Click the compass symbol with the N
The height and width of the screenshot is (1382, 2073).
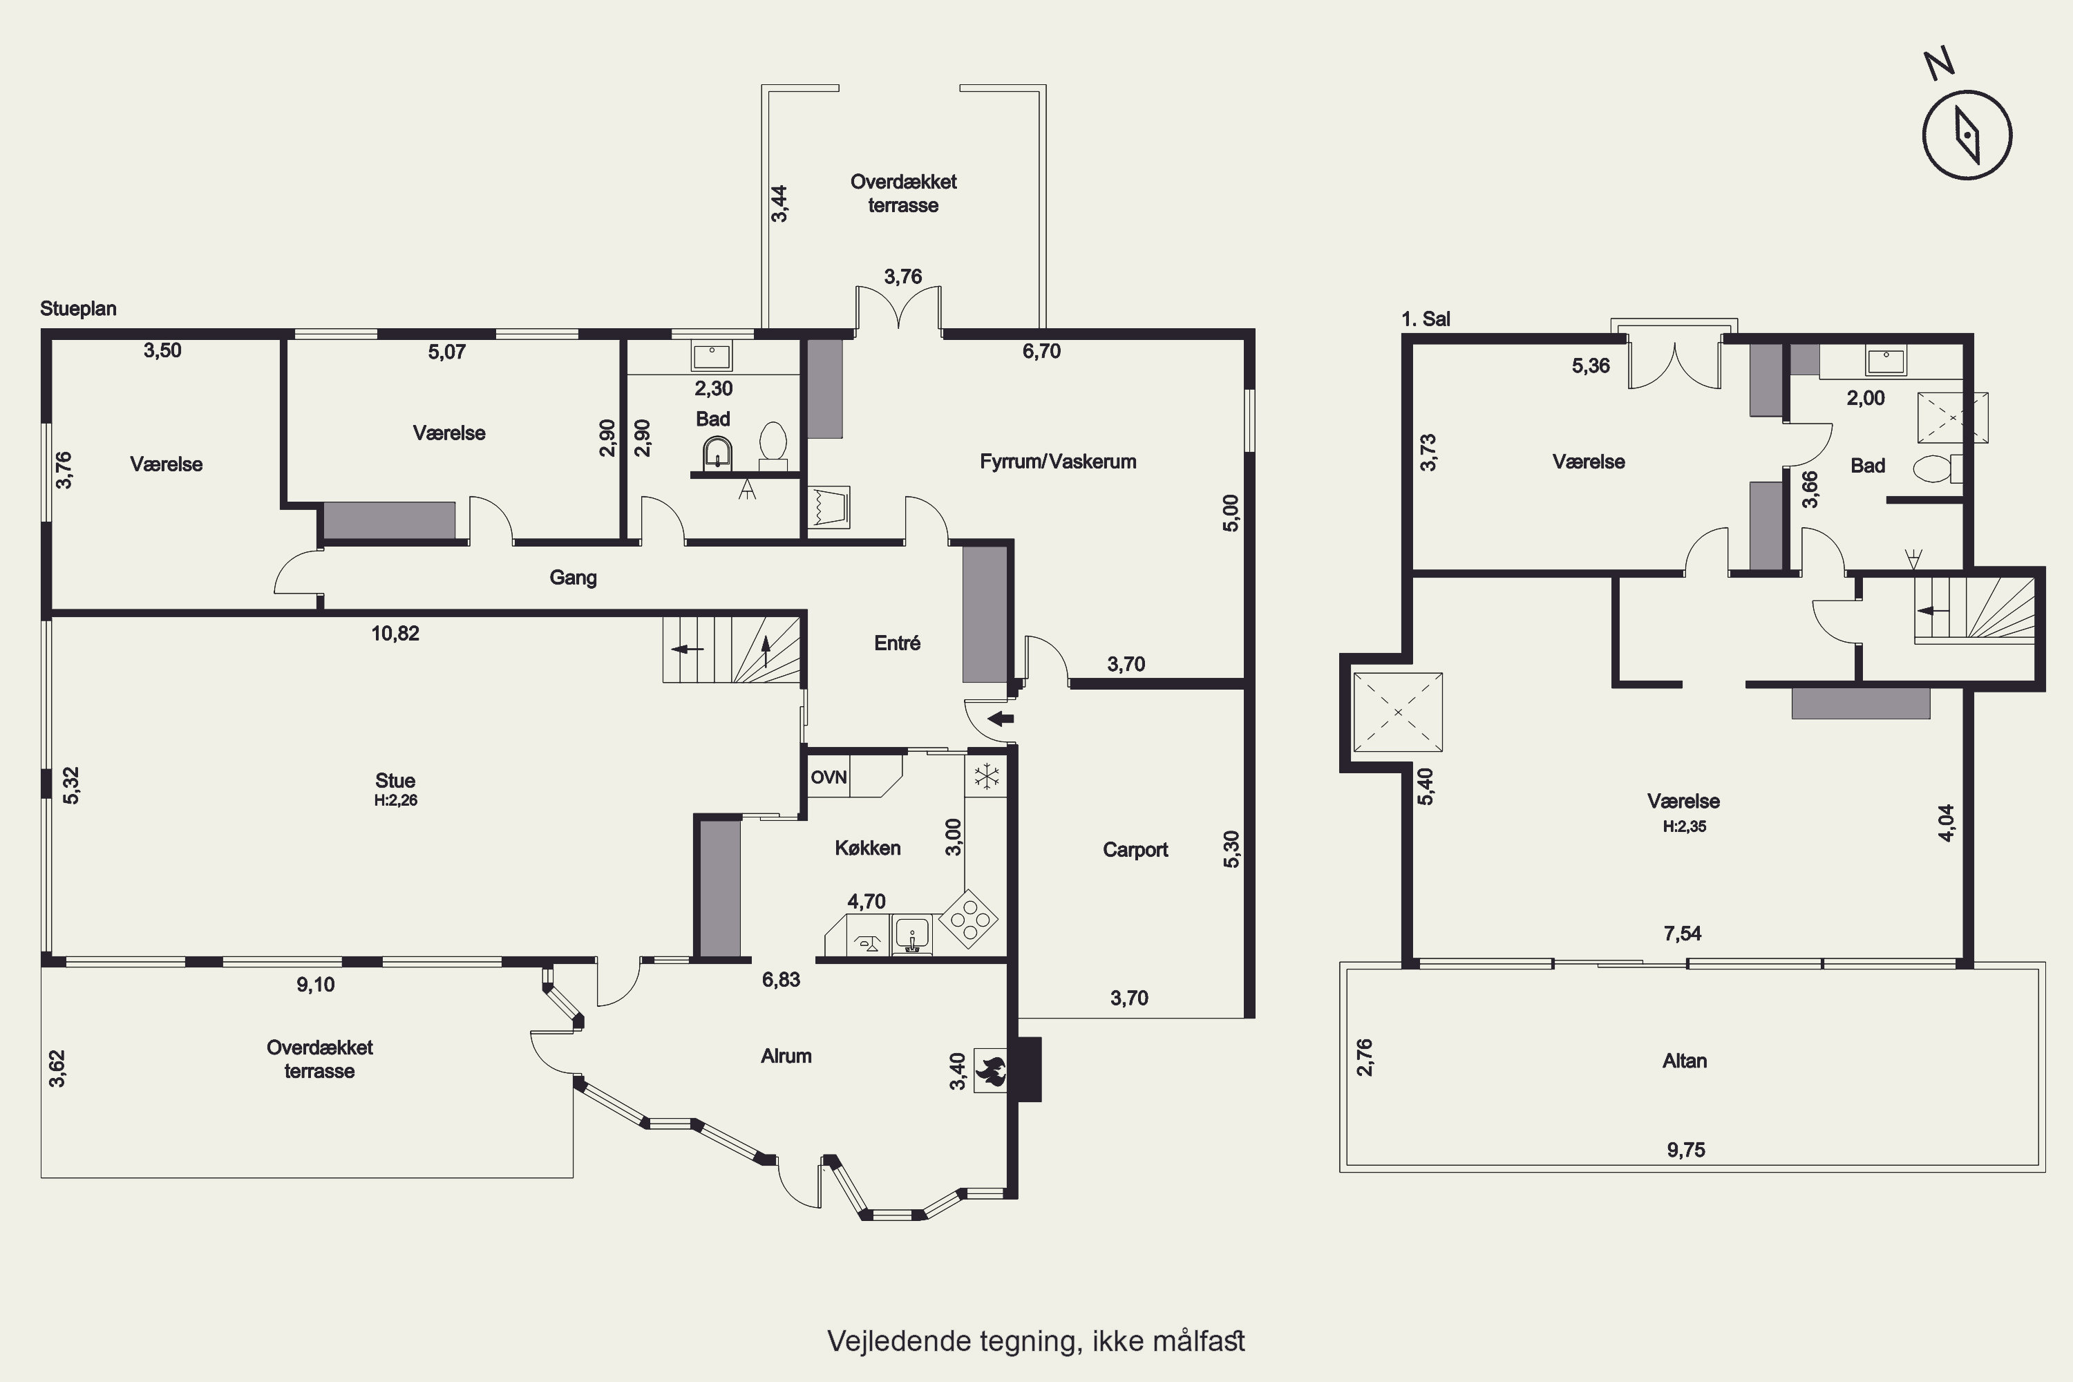click(x=1967, y=134)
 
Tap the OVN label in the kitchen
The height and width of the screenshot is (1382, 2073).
click(x=829, y=777)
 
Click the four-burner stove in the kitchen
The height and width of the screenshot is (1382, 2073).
click(x=969, y=918)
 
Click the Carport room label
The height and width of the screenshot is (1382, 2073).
click(x=1135, y=850)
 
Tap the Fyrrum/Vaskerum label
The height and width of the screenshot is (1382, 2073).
click(x=1058, y=462)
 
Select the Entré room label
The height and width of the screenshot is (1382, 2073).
click(x=897, y=643)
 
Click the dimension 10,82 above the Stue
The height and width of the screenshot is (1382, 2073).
click(x=395, y=634)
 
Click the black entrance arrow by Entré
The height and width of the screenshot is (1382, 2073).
click(x=1001, y=719)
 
